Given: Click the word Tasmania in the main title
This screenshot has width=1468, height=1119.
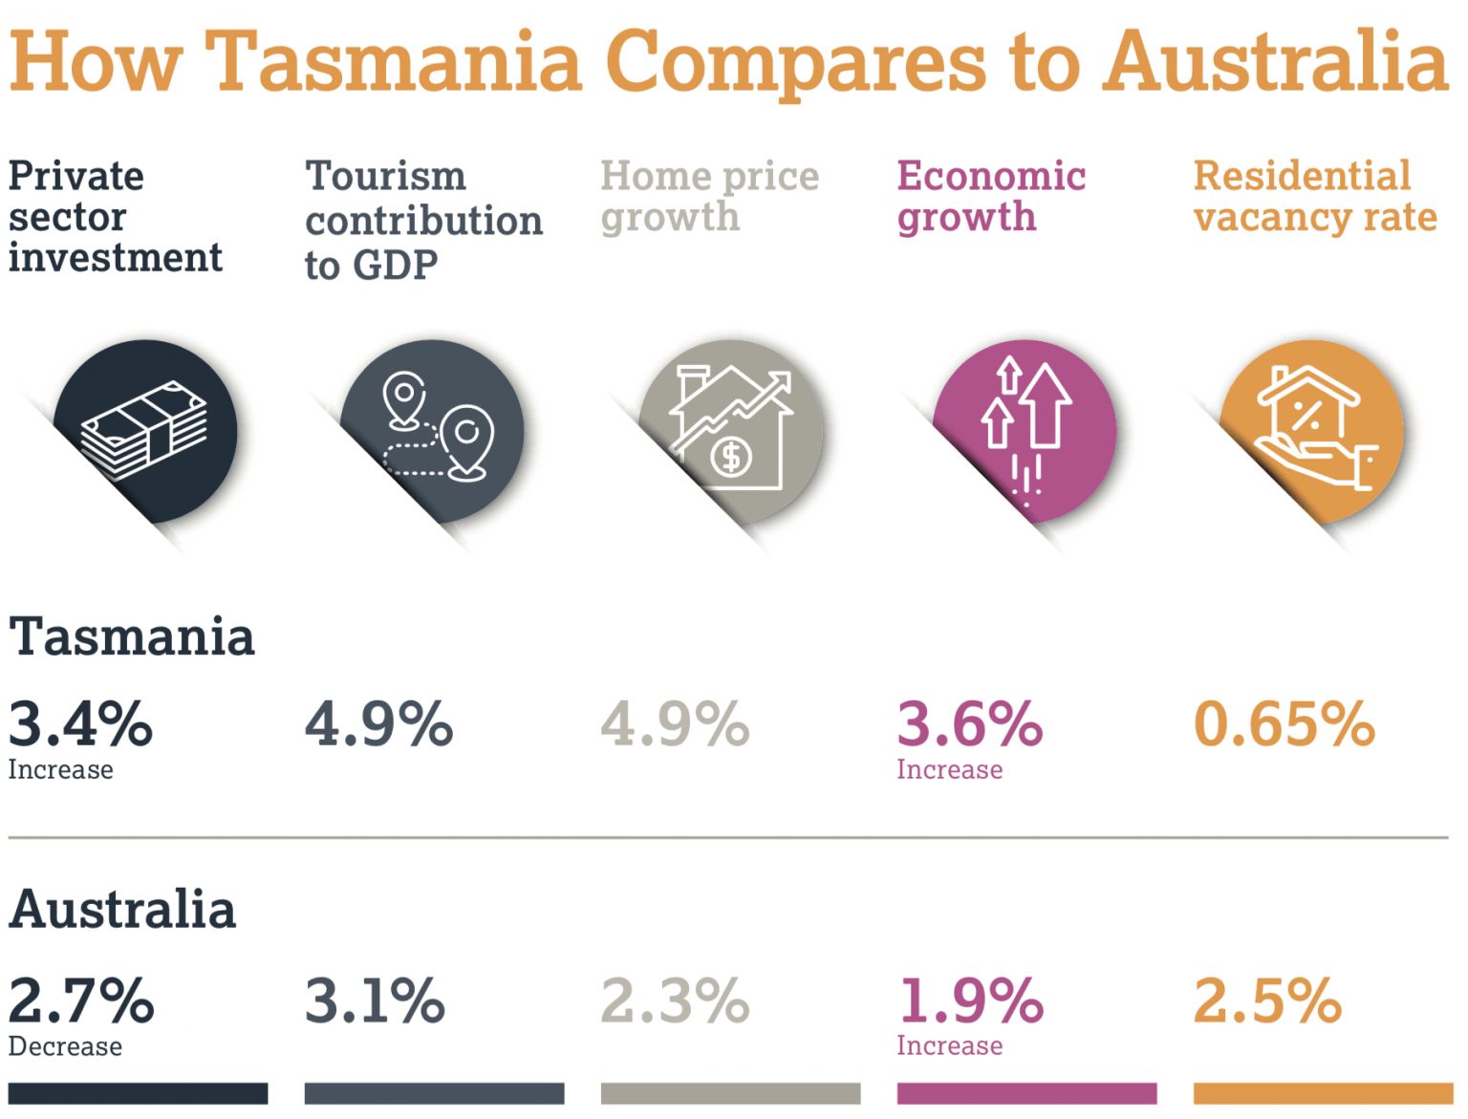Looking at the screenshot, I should point(394,62).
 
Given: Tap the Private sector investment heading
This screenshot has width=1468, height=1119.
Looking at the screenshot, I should point(115,217).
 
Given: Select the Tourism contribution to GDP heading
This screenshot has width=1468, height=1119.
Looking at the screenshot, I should point(423,221).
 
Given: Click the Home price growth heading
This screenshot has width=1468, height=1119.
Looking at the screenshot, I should point(709,197).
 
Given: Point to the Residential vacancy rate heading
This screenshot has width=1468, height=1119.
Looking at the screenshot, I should point(1315,197).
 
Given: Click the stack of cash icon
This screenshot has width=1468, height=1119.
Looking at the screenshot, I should point(144,431).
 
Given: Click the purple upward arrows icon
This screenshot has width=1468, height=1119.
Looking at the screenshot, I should point(1025,430).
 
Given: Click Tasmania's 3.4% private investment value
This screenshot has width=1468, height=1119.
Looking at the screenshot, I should point(80,724).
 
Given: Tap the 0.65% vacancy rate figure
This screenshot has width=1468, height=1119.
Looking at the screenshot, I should point(1284,724).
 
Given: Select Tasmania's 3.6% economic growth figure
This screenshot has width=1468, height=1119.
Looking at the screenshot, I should point(969,724).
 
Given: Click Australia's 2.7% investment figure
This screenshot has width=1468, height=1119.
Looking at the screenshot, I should point(81,1001).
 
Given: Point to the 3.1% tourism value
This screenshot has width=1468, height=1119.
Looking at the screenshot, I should point(375,1001).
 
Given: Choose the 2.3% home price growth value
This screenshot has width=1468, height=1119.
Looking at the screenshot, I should point(675,1001).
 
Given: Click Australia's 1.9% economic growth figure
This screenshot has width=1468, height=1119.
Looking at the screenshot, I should point(970,1001).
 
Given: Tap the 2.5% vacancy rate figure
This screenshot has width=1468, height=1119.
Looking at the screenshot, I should point(1267,1001).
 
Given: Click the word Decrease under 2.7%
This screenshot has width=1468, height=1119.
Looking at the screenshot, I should point(65,1047).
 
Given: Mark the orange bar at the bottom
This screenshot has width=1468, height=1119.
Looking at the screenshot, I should point(1323,1093).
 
